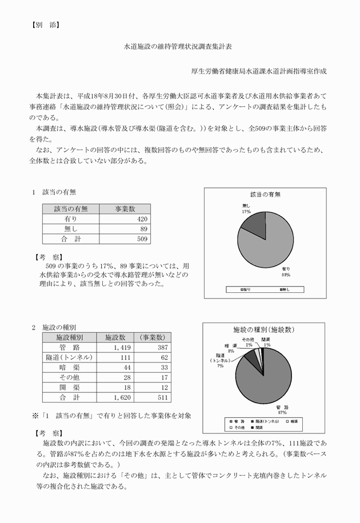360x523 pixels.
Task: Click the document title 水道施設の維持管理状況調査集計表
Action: point(179,50)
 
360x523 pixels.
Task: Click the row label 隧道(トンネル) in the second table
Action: point(69,357)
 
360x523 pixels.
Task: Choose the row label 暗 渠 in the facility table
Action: point(69,367)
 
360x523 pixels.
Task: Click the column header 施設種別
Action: point(69,337)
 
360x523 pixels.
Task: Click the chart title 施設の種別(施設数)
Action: point(264,329)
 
